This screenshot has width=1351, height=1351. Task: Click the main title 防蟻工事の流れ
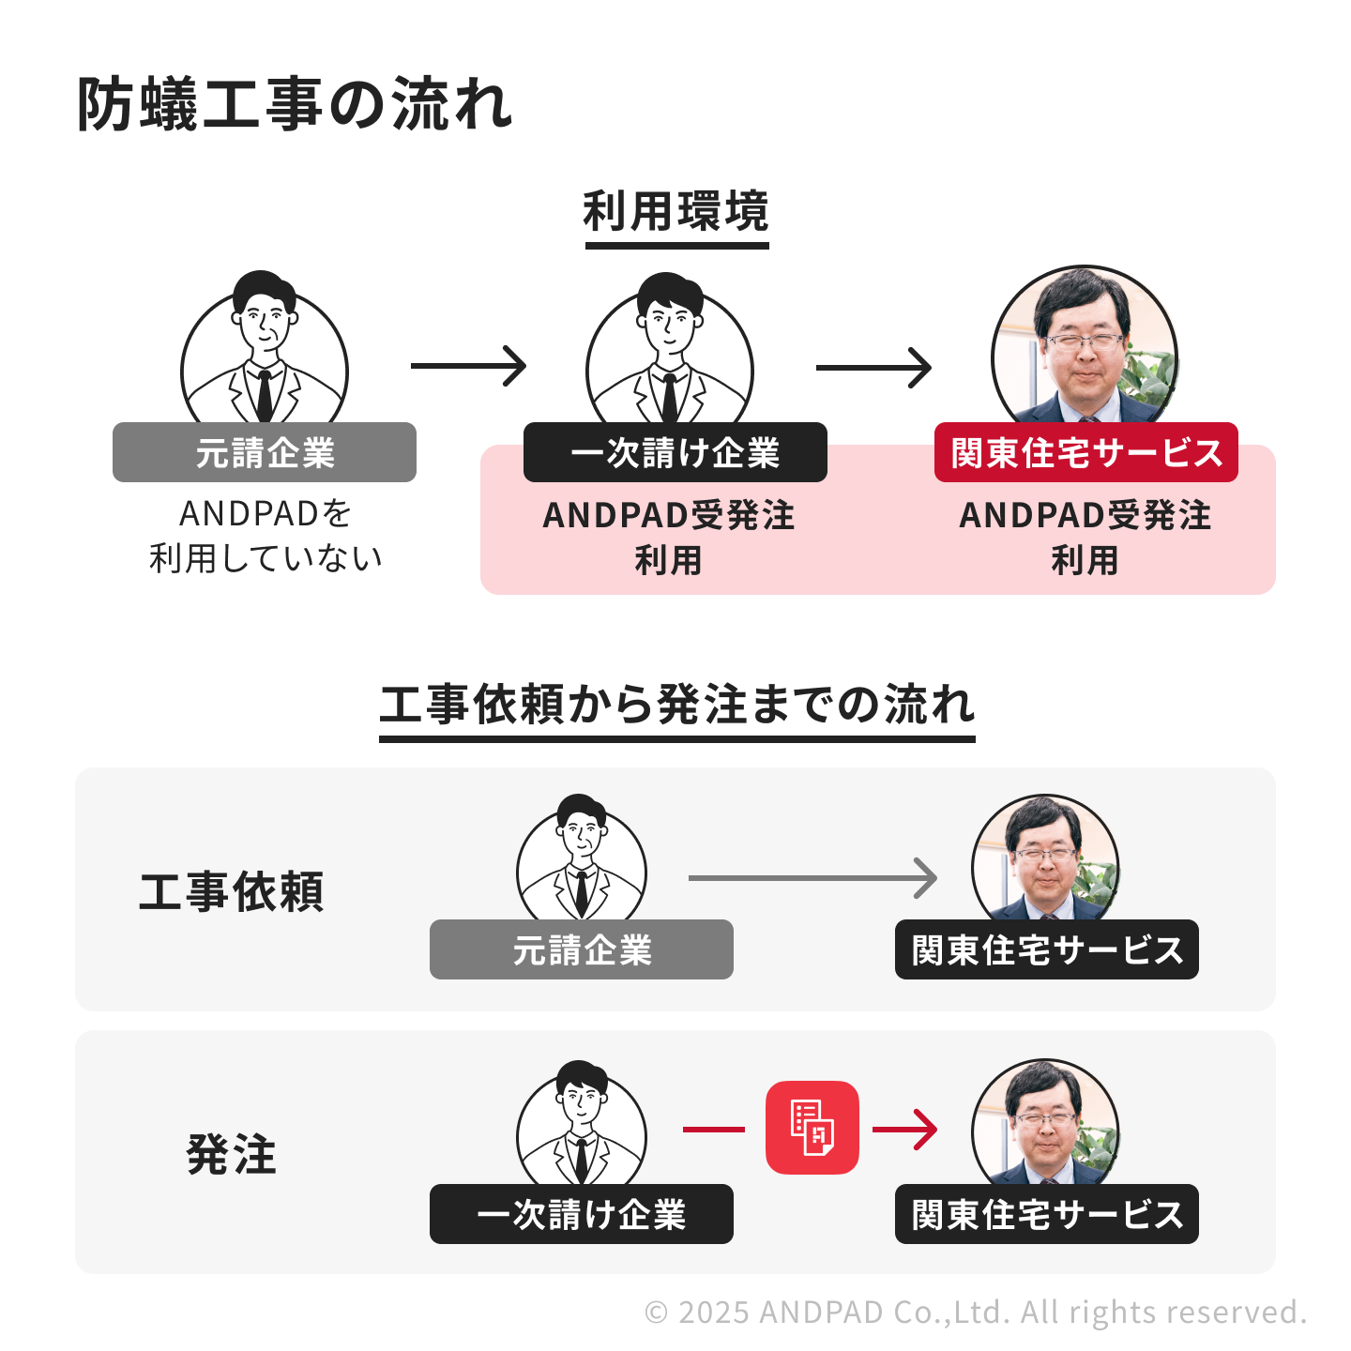click(294, 104)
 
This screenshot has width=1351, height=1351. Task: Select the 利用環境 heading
click(675, 211)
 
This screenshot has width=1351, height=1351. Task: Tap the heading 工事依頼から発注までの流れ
click(676, 705)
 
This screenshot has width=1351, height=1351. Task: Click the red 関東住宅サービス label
click(1085, 453)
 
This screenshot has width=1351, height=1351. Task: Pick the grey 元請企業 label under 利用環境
click(265, 453)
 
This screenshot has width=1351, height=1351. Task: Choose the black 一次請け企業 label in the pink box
click(675, 453)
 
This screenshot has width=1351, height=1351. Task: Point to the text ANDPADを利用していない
click(266, 536)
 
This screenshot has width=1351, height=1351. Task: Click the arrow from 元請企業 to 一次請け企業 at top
click(468, 366)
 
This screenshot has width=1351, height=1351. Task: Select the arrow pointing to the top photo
click(873, 367)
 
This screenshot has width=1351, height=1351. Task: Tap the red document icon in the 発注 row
click(812, 1128)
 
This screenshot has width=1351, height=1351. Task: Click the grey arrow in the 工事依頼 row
click(812, 878)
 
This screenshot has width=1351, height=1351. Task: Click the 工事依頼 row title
click(232, 892)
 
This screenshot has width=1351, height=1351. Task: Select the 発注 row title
click(232, 1155)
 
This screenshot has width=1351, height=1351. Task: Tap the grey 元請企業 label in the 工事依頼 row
click(582, 950)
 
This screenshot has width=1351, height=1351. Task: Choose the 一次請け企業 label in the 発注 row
click(582, 1215)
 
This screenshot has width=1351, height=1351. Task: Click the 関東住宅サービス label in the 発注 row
click(1047, 1215)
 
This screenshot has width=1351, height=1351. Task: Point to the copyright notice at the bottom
click(976, 1312)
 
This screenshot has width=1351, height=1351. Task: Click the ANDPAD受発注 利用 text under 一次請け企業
click(668, 538)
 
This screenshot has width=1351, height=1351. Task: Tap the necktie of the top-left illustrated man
click(265, 394)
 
